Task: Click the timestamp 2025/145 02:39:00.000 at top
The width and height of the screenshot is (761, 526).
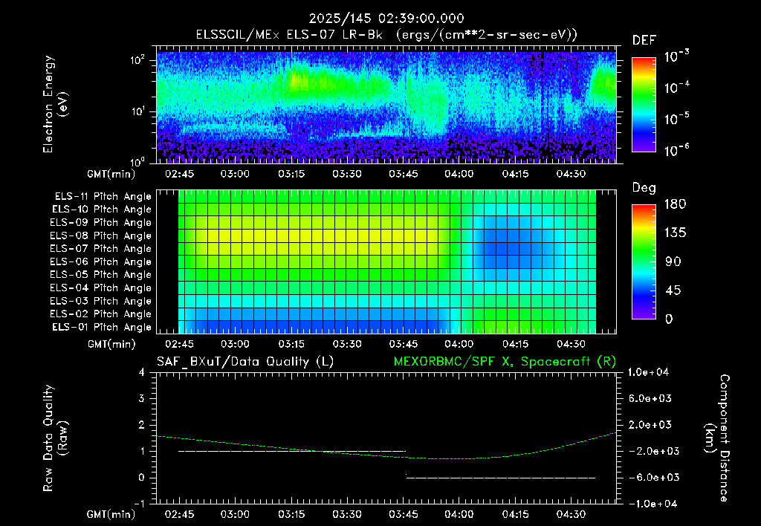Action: [386, 19]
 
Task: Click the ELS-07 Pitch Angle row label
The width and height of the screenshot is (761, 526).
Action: [100, 248]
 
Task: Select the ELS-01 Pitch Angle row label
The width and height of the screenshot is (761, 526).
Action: [101, 327]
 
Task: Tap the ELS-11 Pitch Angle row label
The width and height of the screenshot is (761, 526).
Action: [103, 196]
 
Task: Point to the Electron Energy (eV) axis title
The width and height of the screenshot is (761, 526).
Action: [54, 104]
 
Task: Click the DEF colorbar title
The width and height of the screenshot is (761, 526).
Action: [644, 40]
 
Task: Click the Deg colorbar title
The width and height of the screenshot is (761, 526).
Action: [644, 188]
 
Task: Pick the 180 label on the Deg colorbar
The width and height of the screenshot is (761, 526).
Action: [675, 204]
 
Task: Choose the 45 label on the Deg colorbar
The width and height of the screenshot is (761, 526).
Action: [673, 290]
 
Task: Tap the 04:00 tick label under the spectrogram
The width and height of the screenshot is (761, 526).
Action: [459, 174]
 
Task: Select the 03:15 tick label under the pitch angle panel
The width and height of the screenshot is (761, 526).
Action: [291, 344]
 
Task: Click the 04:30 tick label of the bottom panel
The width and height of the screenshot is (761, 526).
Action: [571, 514]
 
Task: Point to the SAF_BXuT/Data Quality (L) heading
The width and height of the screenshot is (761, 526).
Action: [245, 362]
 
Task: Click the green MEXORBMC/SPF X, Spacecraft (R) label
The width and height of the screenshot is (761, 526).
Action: [505, 362]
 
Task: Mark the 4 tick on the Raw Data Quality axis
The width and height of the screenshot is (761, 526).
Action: [142, 372]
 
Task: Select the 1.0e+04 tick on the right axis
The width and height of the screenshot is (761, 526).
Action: [648, 372]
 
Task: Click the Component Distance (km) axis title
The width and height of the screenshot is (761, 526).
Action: [717, 438]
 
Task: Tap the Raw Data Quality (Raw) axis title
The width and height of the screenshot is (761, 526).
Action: [55, 438]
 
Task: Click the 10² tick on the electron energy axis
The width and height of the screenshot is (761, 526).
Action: [137, 60]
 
